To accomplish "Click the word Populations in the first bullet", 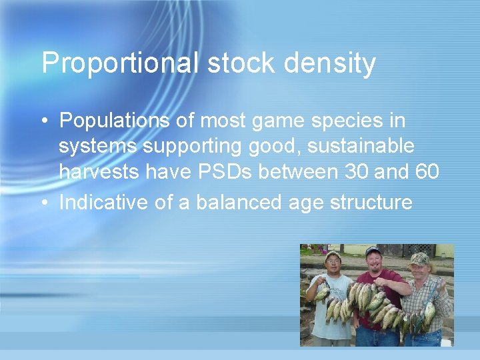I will (x=116, y=121).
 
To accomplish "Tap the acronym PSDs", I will (x=225, y=172).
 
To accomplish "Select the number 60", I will (x=426, y=172).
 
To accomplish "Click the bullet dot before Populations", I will (x=43, y=121).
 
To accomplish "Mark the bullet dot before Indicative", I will (x=43, y=203).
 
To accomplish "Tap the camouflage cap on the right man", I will (x=419, y=258).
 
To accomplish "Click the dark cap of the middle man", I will (x=374, y=251).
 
